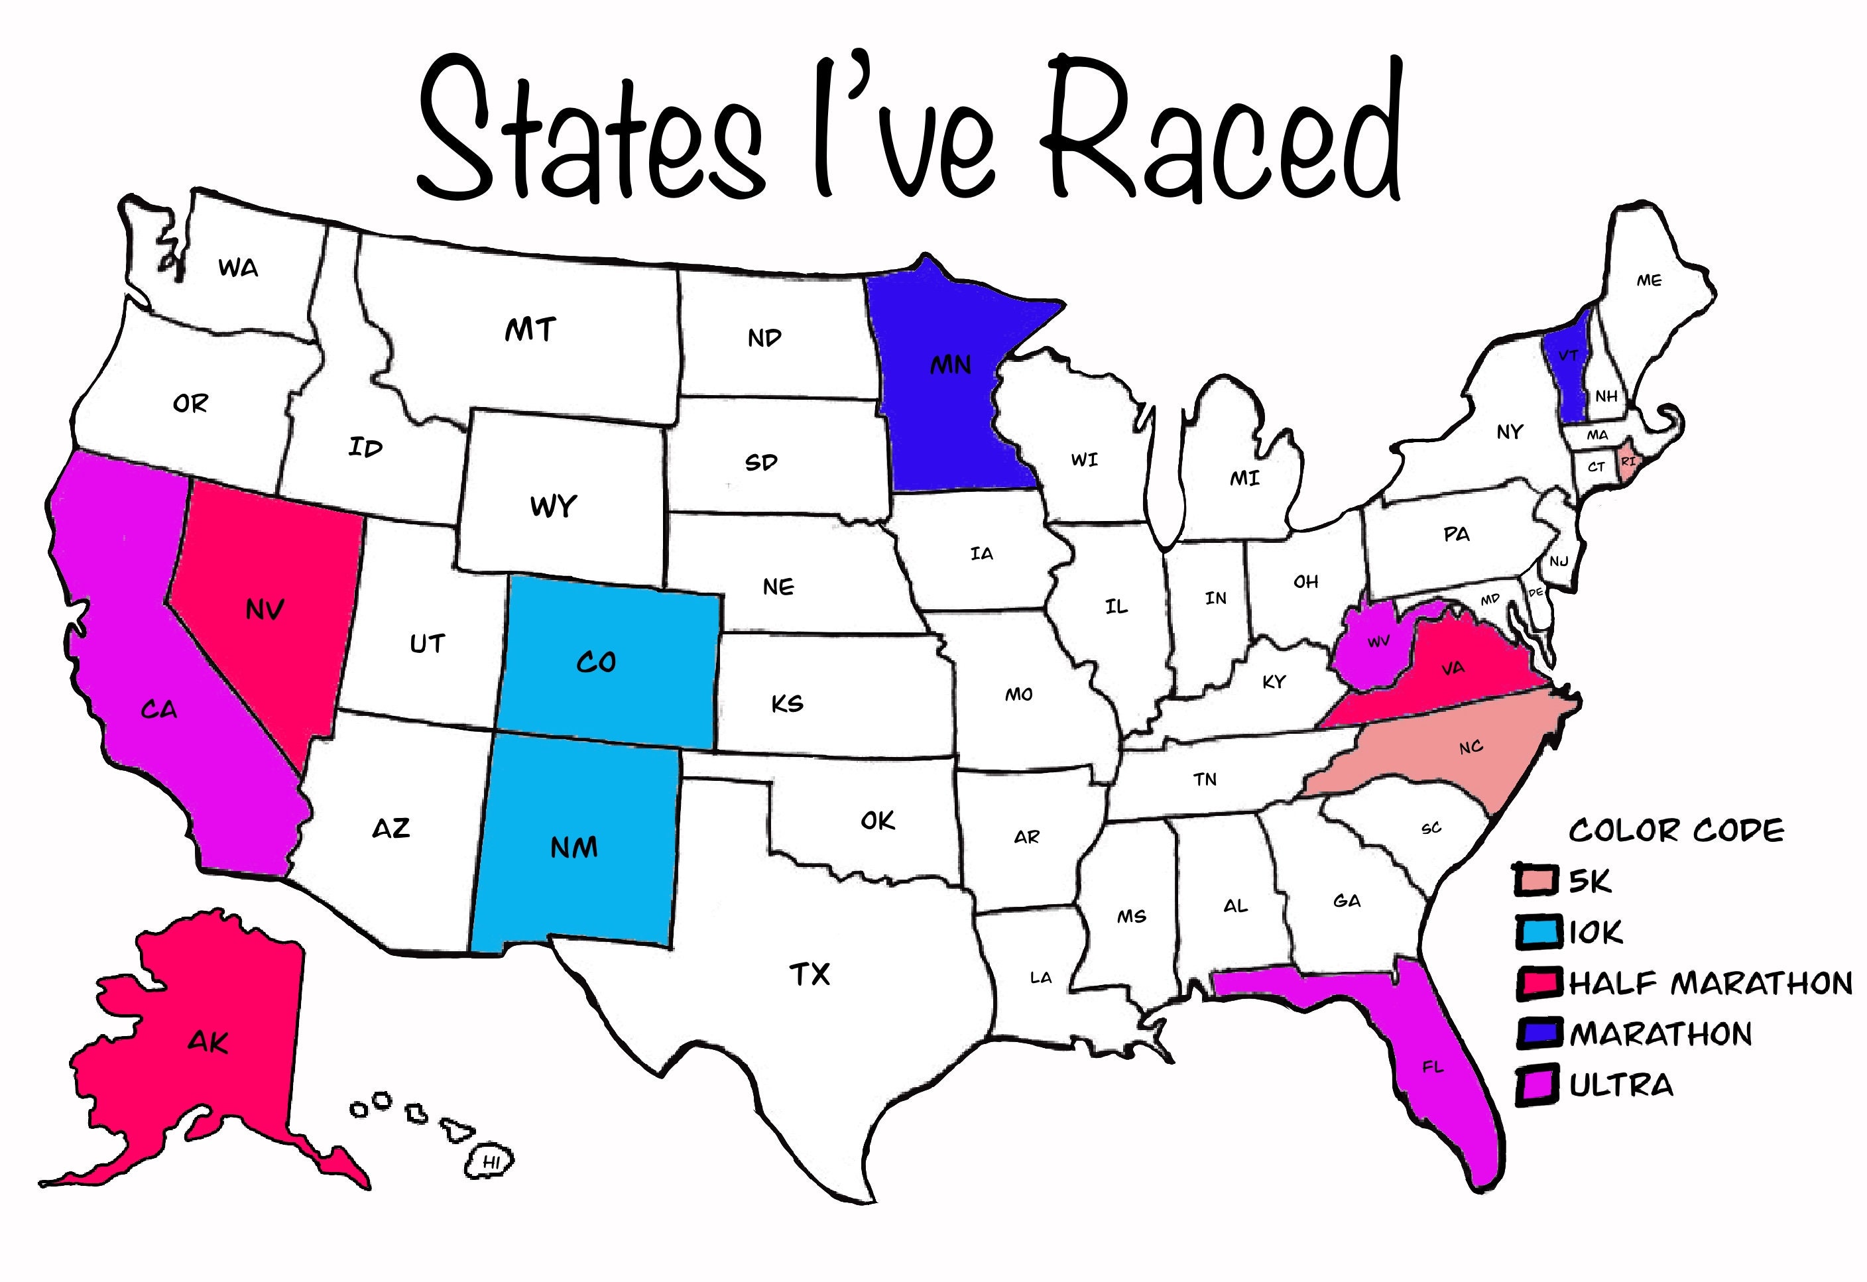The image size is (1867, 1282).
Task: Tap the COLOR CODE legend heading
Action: tap(1677, 831)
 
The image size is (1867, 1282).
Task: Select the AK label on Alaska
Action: tap(208, 1043)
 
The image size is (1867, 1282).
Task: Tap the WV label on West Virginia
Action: tap(1378, 642)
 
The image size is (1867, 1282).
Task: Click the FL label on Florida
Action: tap(1432, 1067)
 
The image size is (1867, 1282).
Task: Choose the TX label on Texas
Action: tap(809, 974)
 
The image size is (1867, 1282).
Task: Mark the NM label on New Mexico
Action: tap(573, 847)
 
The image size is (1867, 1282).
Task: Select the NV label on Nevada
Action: tap(265, 611)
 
